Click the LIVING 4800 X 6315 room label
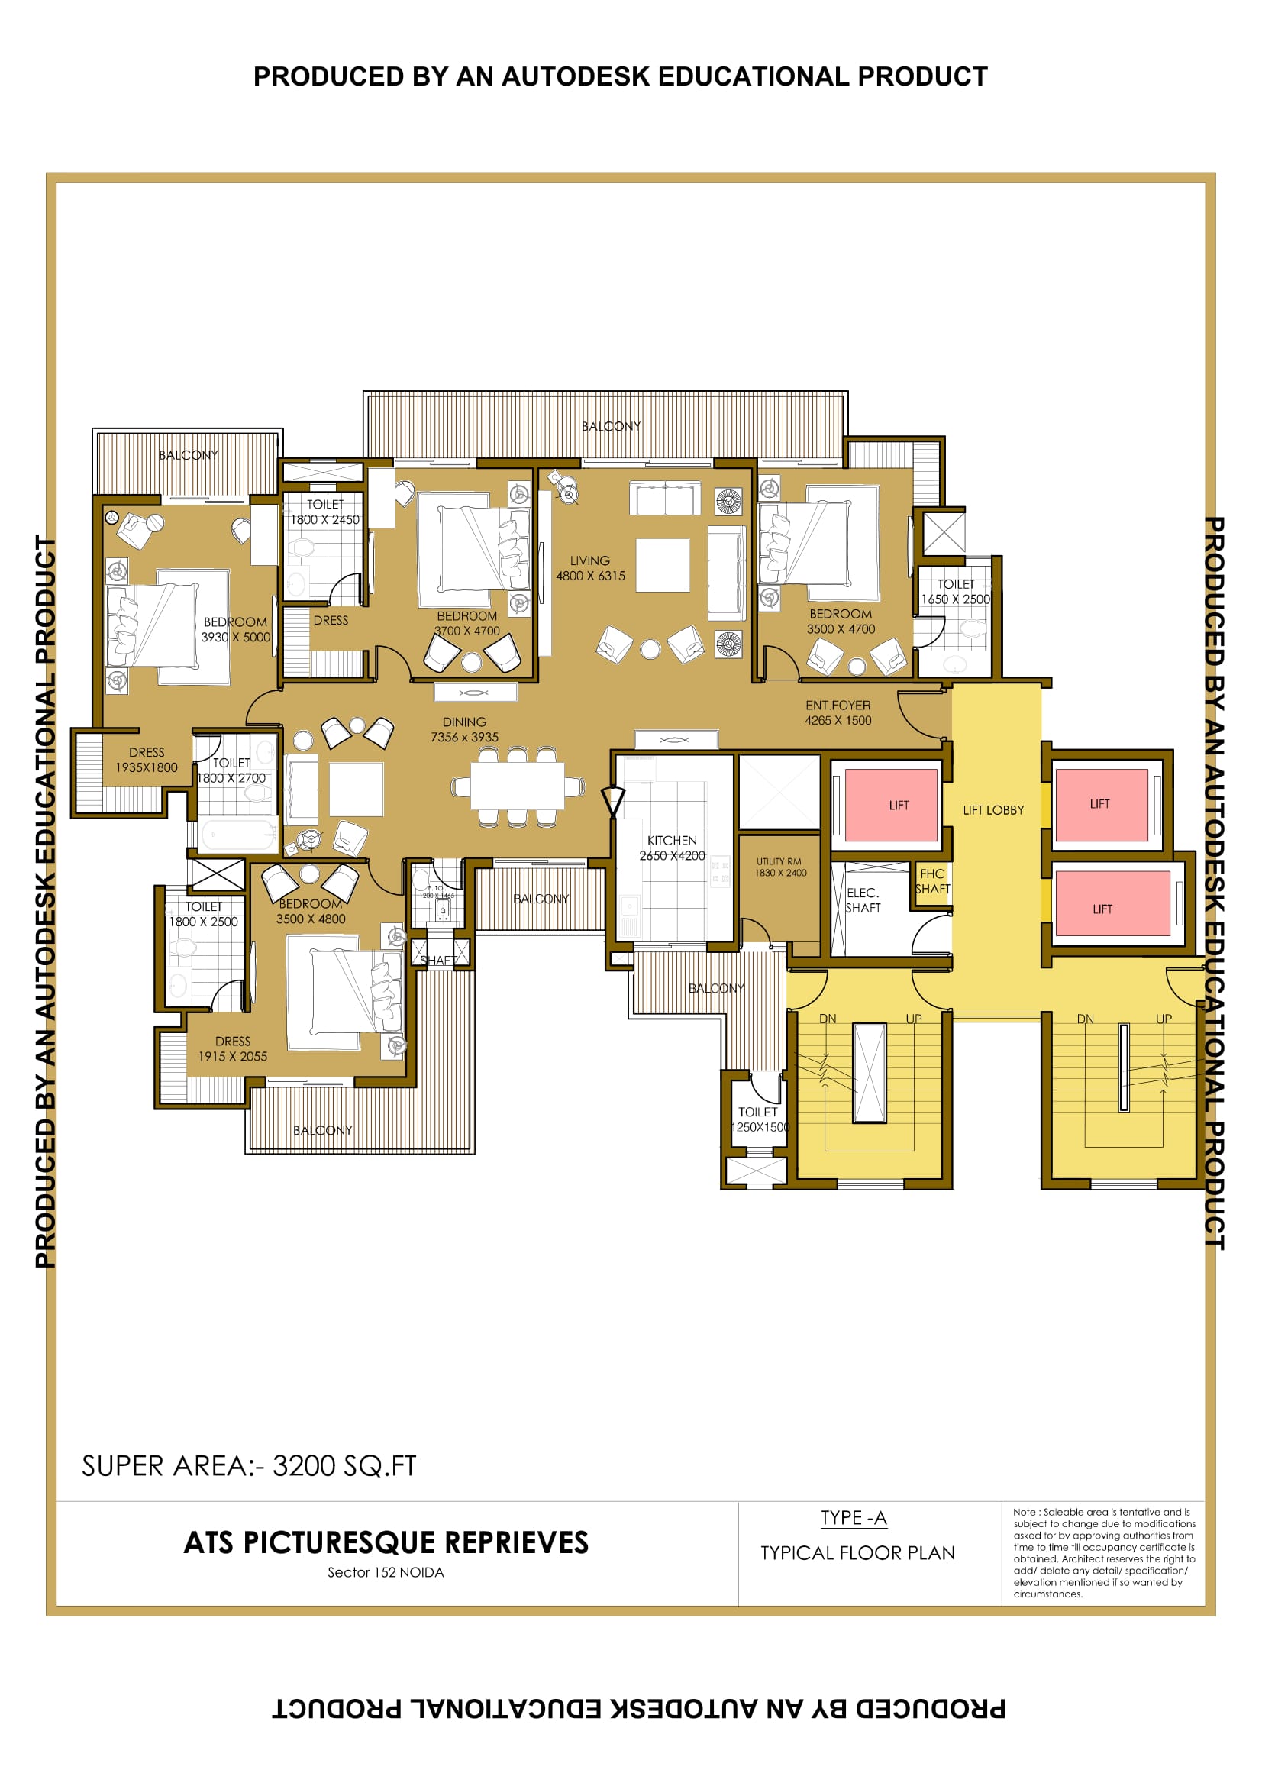point(589,569)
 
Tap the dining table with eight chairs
point(517,786)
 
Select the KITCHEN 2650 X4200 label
point(672,848)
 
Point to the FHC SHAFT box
point(931,881)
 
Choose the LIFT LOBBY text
point(993,809)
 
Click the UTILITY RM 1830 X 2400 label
point(779,867)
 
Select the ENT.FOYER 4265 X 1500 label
point(838,712)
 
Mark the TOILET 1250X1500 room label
point(759,1119)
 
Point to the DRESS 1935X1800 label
point(146,760)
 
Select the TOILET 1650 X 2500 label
point(955,592)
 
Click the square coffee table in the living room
point(663,566)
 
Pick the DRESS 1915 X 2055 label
point(233,1048)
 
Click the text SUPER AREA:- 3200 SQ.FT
point(249,1465)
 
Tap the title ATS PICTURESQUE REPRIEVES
point(386,1542)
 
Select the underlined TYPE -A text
point(853,1518)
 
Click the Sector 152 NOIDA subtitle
point(386,1572)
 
